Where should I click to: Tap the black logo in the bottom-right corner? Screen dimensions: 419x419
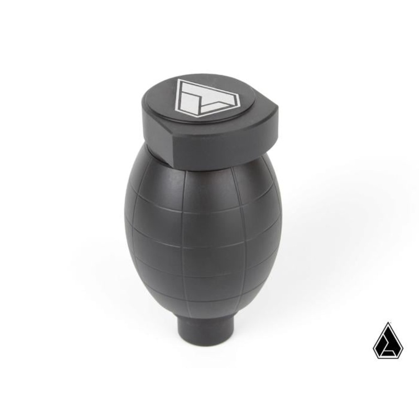point(388,341)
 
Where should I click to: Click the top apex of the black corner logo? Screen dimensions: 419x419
point(388,324)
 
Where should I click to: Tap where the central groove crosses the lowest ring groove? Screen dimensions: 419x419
point(184,300)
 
